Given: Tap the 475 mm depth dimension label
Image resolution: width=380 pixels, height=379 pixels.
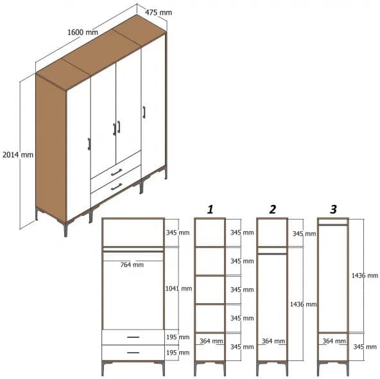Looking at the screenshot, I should [x=158, y=12].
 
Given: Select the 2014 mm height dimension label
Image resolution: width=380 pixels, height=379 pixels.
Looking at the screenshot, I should [x=17, y=155].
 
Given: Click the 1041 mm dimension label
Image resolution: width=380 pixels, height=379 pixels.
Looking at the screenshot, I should [x=178, y=288].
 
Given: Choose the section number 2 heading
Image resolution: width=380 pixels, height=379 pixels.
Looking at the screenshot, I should [x=272, y=209].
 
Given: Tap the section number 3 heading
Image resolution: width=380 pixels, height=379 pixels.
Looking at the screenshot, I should [x=332, y=209].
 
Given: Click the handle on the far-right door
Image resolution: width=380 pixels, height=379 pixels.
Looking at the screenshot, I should [x=144, y=112].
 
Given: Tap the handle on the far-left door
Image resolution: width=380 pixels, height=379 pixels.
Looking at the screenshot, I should [x=89, y=143].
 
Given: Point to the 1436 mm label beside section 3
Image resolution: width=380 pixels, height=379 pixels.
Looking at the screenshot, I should [x=365, y=276].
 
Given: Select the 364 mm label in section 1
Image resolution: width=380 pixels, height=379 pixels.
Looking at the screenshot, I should [x=211, y=341].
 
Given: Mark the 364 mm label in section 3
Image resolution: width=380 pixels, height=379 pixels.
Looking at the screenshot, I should [x=333, y=341].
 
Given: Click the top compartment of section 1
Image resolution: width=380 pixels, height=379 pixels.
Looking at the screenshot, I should [x=210, y=233].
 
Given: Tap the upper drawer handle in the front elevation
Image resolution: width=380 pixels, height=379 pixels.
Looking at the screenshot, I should [x=133, y=337].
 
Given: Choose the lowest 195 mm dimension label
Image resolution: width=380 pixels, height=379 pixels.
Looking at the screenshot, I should [x=178, y=353].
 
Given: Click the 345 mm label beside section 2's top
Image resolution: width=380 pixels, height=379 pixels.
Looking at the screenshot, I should [x=304, y=233].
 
